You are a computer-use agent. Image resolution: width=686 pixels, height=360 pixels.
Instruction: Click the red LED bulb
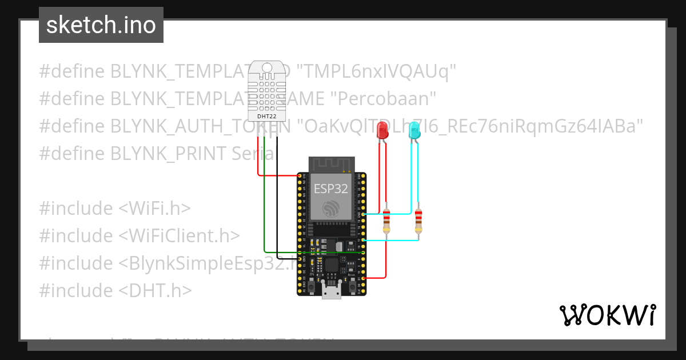pos(381,132)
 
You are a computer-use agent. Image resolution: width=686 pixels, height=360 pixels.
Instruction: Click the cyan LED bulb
pos(414,132)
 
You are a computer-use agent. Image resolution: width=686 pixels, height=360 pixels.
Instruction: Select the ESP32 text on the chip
pos(330,189)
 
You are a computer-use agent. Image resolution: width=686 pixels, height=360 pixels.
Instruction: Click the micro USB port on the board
pos(331,292)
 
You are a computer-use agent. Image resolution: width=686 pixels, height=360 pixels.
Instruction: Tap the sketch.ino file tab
pos(101,25)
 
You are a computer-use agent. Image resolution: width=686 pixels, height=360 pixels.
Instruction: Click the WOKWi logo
pos(607,315)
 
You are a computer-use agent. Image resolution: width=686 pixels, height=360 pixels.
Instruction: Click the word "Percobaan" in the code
pos(384,99)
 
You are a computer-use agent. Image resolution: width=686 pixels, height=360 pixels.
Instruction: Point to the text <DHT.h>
pos(155,290)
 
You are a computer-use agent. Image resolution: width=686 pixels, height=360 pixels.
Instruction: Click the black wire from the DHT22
pos(277,200)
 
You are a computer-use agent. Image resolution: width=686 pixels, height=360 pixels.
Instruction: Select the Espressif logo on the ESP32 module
pos(330,208)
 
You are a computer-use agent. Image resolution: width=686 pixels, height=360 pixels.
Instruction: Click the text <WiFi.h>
pos(154,208)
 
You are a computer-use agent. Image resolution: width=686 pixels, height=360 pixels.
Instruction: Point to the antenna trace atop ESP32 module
pos(331,165)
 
